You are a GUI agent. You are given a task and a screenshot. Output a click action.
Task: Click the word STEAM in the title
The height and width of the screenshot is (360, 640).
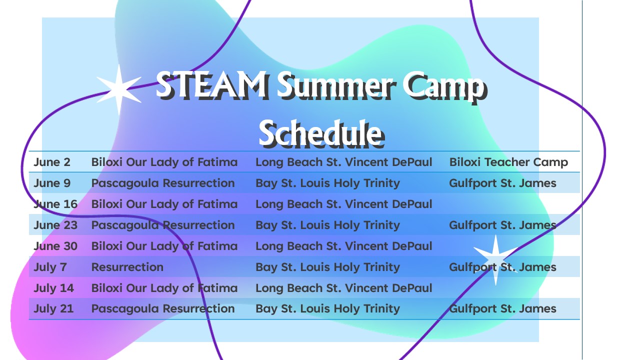[212, 85]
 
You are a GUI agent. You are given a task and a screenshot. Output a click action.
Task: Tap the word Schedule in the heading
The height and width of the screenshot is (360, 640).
[321, 133]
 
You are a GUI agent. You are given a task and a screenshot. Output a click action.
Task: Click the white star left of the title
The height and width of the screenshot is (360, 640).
[119, 89]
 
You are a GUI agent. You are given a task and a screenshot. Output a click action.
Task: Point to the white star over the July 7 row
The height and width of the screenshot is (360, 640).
[495, 259]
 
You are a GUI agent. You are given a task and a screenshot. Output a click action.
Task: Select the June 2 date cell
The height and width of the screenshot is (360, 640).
[52, 162]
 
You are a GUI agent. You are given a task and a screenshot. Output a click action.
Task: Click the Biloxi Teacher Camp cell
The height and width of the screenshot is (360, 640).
[508, 162]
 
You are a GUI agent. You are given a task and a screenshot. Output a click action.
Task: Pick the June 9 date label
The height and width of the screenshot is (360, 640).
[52, 183]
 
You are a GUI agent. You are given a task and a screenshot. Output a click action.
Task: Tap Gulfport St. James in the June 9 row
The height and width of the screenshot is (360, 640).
[502, 183]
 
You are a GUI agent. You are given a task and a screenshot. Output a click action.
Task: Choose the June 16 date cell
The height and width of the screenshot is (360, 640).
[55, 204]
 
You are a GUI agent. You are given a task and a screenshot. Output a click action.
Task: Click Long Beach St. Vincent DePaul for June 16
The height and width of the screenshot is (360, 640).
[343, 204]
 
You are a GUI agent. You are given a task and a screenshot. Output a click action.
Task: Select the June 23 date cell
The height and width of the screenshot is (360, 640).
[55, 225]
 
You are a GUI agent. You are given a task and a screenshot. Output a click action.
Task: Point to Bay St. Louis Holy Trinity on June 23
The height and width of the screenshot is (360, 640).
[327, 225]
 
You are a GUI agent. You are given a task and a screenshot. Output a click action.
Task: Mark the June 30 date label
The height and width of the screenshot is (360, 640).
[55, 246]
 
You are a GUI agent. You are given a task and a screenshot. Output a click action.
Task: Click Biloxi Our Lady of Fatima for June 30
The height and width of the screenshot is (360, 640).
[164, 246]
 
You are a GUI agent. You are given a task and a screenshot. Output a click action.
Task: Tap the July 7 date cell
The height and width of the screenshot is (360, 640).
[50, 267]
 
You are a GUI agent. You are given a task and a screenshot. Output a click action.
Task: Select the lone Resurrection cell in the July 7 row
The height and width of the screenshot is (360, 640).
[127, 267]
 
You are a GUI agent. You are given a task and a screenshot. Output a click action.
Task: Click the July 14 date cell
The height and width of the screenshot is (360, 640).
[53, 288]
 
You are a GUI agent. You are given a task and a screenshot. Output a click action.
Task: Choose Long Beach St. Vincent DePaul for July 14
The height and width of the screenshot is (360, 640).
[343, 288]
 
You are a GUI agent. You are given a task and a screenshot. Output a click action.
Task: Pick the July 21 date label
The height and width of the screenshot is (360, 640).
[53, 309]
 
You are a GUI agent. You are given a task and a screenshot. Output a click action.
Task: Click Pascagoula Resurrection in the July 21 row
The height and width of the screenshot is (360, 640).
[163, 309]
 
